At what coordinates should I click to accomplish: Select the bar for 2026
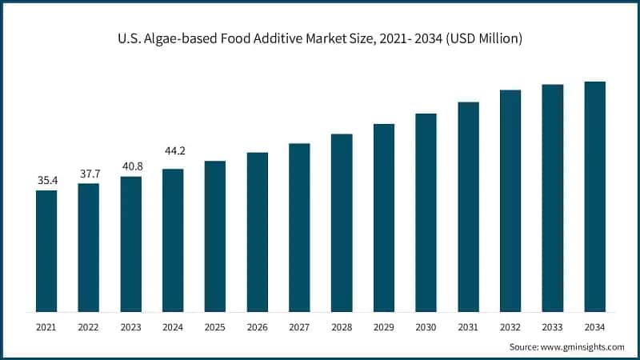pyautogui.click(x=257, y=232)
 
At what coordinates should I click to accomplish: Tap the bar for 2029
pyautogui.click(x=384, y=218)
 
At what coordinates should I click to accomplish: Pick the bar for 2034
pyautogui.click(x=594, y=196)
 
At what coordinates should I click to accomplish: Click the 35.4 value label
pyautogui.click(x=47, y=181)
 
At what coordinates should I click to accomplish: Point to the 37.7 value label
pyautogui.click(x=89, y=174)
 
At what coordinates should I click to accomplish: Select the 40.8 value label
pyautogui.click(x=131, y=167)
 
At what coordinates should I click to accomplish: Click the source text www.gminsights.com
pyautogui.click(x=583, y=346)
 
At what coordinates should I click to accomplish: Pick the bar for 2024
pyautogui.click(x=173, y=240)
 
